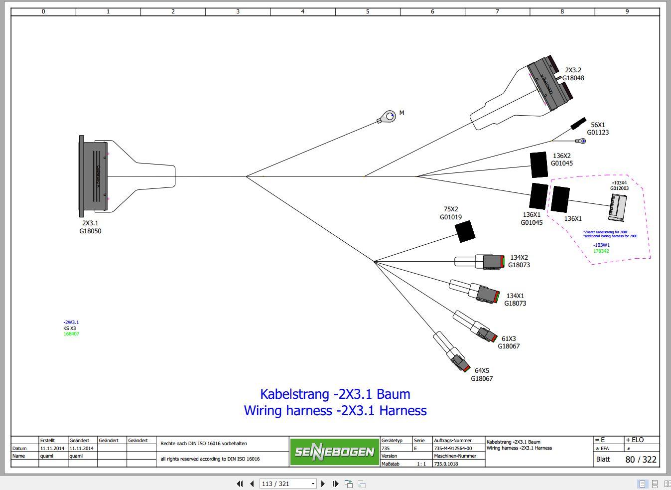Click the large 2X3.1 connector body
93,176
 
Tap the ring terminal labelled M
387,118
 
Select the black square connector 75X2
465,231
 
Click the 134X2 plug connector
491,262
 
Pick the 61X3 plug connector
484,331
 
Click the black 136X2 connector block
538,164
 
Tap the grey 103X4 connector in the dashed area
617,207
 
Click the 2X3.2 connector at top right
549,84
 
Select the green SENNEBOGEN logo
334,452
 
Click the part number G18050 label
90,231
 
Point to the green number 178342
601,251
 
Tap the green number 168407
71,334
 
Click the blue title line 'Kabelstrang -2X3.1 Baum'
335,394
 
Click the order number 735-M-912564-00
453,448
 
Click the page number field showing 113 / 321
288,484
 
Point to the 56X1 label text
598,125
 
